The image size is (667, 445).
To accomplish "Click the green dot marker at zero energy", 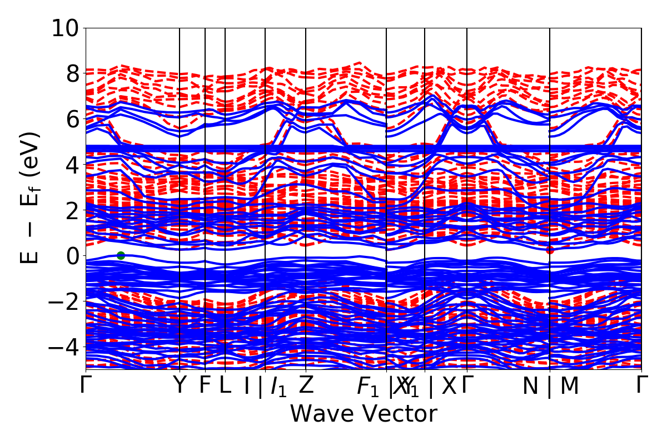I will tap(121, 255).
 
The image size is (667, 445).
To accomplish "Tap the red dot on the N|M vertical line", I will tap(550, 250).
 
